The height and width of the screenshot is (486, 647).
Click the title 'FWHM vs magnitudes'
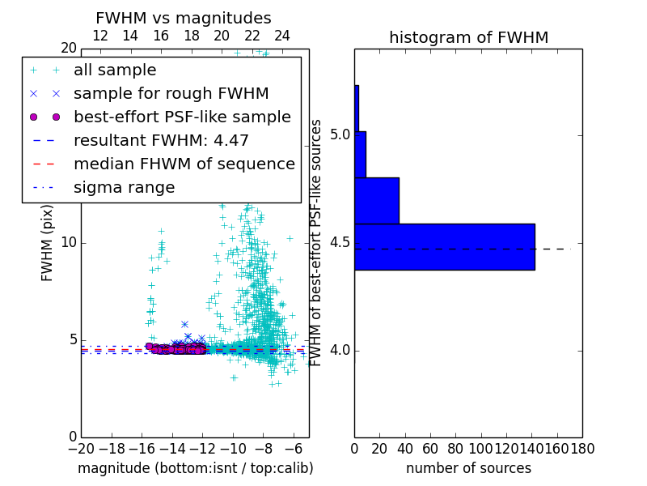[184, 18]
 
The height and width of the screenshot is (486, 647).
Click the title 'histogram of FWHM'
[468, 37]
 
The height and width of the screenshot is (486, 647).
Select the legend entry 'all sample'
[115, 70]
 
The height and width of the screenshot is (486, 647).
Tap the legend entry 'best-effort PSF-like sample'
[182, 117]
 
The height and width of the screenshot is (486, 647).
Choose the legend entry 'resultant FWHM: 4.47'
[161, 141]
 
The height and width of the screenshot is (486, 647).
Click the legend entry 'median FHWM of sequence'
[184, 164]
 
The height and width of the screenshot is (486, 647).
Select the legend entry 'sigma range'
[124, 188]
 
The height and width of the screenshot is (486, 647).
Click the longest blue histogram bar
[445, 246]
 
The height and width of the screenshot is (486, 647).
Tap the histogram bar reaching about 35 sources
[377, 200]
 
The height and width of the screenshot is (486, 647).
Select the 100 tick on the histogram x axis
[481, 447]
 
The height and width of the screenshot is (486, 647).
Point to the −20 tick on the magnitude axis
[81, 447]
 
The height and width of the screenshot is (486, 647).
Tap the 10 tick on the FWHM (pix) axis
[68, 243]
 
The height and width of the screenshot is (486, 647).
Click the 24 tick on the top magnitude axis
[282, 36]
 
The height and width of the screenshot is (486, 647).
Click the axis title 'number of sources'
[468, 468]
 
